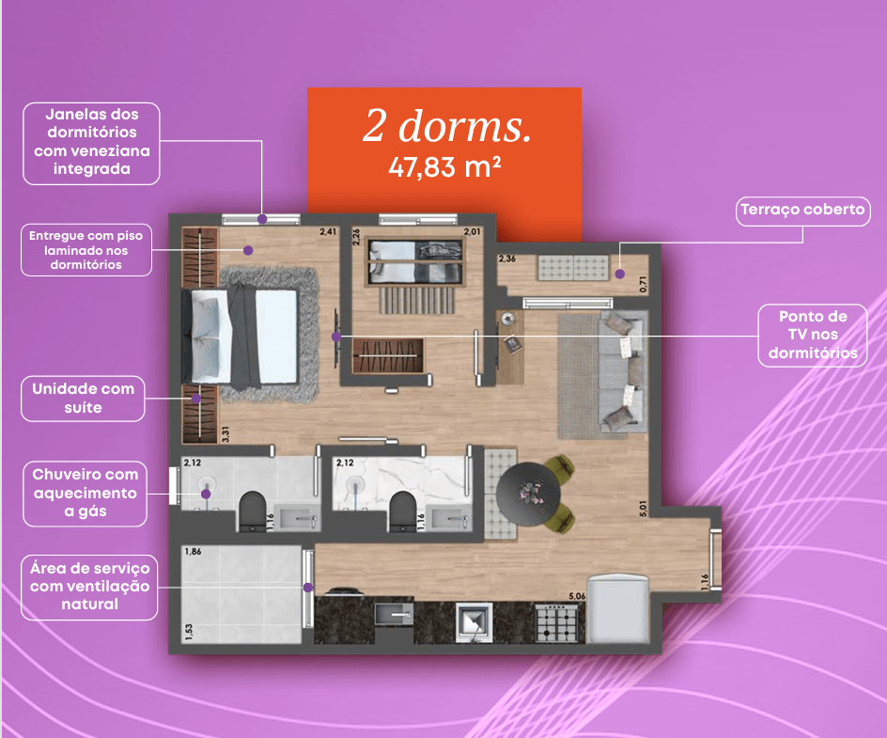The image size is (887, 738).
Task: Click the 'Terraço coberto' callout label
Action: (802, 212)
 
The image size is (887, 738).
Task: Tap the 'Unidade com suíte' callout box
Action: (83, 399)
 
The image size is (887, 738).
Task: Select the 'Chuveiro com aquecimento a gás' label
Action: (86, 494)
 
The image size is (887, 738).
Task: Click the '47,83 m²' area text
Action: (444, 167)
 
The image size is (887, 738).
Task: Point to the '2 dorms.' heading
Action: (447, 126)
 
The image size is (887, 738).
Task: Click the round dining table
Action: (528, 495)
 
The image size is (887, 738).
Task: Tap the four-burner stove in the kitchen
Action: (557, 623)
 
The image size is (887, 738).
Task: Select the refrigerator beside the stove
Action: (617, 609)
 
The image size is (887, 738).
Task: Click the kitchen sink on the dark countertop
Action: (394, 615)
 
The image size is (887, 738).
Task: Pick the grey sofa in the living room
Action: (622, 371)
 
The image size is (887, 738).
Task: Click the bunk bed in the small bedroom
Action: (415, 262)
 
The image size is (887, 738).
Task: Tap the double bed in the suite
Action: (241, 337)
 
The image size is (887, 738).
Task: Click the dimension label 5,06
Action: (577, 596)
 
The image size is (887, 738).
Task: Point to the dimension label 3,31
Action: (226, 434)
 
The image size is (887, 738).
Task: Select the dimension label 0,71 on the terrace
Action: (643, 285)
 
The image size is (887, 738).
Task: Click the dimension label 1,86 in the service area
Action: (193, 551)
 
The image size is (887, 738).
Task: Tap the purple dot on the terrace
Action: (620, 274)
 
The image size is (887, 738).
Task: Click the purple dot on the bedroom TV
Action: (336, 337)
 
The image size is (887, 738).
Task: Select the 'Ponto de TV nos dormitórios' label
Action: (813, 335)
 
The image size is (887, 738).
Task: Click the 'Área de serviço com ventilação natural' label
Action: (89, 587)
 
